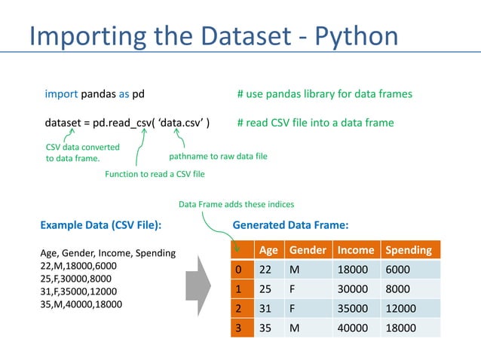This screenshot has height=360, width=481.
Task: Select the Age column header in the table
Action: click(x=268, y=250)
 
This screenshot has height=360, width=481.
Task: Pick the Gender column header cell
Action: click(x=307, y=250)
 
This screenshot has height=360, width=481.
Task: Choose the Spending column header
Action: click(x=409, y=250)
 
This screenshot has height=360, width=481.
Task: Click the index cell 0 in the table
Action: click(x=240, y=270)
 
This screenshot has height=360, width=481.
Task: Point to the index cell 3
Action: click(x=240, y=328)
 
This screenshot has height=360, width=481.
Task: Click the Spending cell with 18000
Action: click(x=402, y=328)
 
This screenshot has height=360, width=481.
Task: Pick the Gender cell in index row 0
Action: click(x=295, y=270)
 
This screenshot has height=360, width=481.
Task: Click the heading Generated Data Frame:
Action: click(x=291, y=224)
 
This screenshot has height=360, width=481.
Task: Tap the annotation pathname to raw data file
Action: click(x=218, y=157)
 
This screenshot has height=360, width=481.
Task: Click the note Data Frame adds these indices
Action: click(x=236, y=204)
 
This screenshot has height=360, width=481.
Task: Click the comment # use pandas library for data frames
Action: click(x=324, y=94)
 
